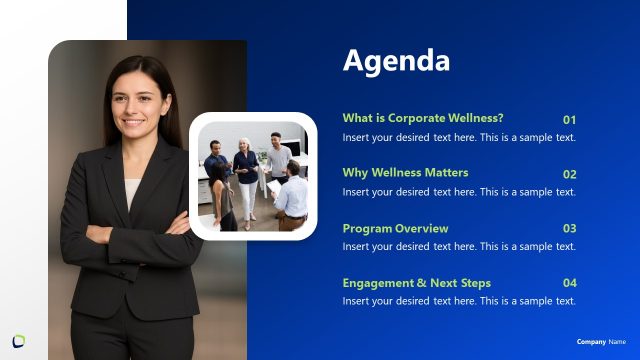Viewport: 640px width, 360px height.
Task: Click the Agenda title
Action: coord(396,61)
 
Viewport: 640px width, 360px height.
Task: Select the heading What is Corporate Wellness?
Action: coord(423,118)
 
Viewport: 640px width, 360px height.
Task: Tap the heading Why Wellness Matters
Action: coord(405,173)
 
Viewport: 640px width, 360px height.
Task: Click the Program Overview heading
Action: coord(395,228)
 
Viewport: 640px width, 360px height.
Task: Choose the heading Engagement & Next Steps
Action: coord(416,283)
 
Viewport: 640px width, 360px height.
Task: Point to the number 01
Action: coord(569,119)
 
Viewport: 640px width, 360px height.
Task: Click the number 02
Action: coord(569,174)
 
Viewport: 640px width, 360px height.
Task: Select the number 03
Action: coord(569,229)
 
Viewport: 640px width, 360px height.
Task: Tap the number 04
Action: coord(569,284)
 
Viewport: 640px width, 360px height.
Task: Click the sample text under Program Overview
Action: coord(459,246)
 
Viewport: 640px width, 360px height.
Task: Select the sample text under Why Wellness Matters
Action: coord(459,191)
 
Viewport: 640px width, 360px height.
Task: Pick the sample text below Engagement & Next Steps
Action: coord(459,301)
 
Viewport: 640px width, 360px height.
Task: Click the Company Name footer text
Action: coord(601,342)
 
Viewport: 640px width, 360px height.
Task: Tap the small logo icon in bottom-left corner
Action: coord(19,341)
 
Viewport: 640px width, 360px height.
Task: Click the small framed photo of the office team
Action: coord(253,176)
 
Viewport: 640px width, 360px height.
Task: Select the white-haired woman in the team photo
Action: coord(246,170)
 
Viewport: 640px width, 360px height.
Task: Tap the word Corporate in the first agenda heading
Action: coord(412,118)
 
